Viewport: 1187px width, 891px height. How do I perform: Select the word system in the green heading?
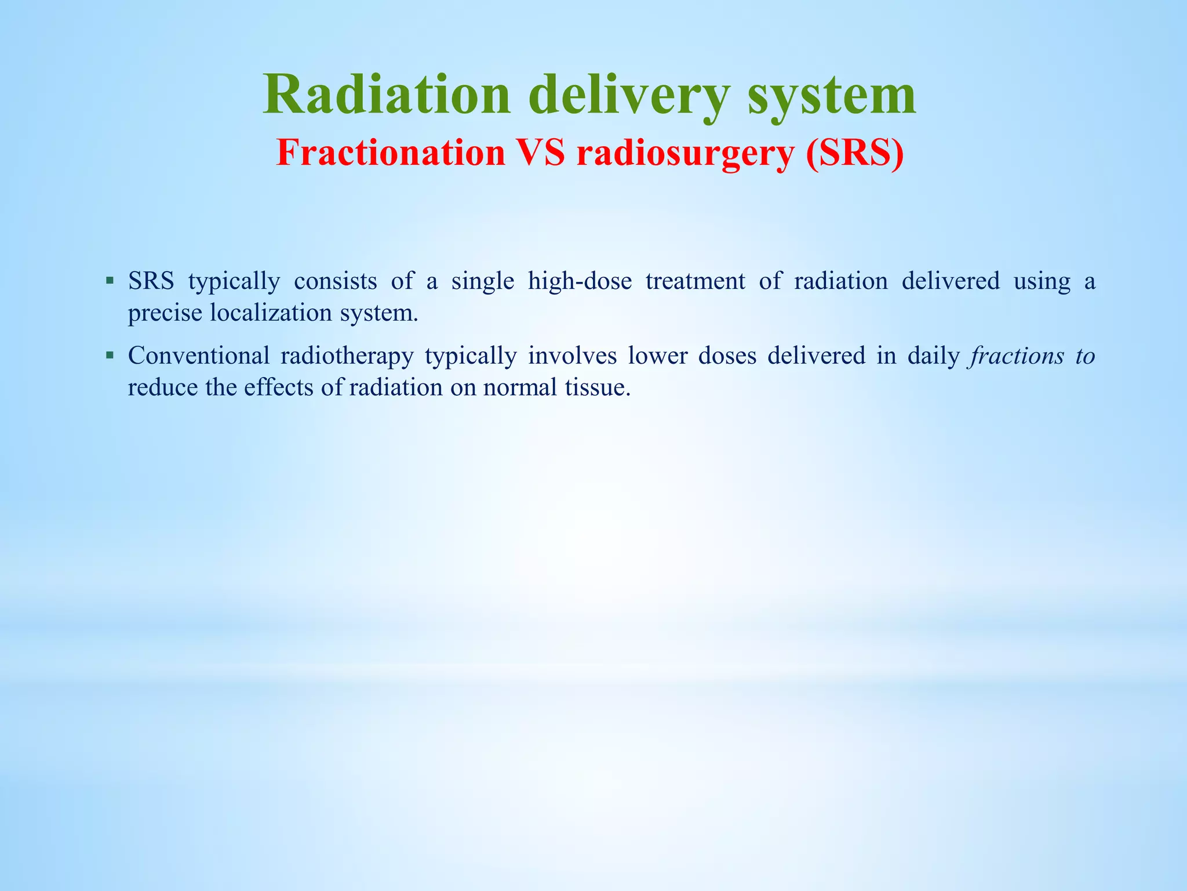832,95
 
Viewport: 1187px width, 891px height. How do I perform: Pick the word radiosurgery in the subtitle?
685,154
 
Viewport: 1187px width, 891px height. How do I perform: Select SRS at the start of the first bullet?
151,281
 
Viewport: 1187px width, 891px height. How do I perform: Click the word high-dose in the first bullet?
580,281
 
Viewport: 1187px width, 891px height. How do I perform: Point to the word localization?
271,313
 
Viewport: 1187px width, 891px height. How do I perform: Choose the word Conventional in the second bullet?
199,356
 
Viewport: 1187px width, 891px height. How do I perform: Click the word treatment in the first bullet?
696,281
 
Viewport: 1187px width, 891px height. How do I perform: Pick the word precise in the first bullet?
165,313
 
